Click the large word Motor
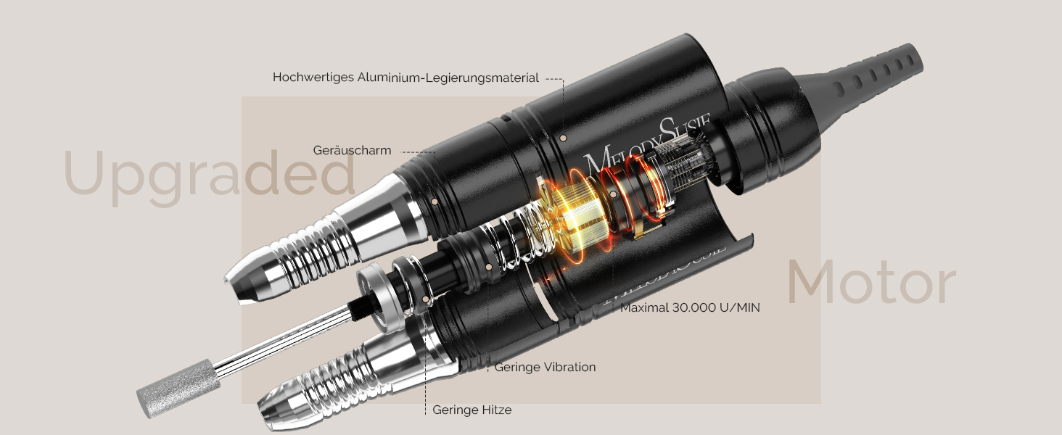click(871, 282)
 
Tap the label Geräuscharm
click(353, 150)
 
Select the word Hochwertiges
click(313, 78)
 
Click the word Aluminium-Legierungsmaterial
click(448, 78)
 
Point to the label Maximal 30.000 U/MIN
click(690, 307)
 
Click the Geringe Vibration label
click(545, 367)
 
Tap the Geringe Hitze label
click(472, 410)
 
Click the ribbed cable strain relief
click(870, 78)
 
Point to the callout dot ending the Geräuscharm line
click(435, 201)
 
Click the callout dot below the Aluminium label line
click(563, 138)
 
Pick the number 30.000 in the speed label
click(694, 307)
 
